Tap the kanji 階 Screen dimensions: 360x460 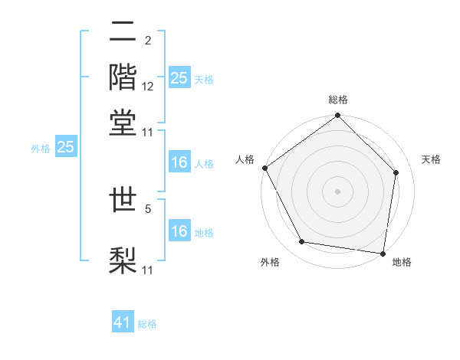123,76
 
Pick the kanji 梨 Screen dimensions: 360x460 123,258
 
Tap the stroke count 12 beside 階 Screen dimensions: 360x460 149,87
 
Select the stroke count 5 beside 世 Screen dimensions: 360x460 148,206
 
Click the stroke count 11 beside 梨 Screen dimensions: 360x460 149,270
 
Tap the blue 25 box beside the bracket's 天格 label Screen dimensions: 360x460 179,78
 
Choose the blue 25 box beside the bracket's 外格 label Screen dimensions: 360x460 66,147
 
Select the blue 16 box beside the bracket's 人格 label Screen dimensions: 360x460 179,162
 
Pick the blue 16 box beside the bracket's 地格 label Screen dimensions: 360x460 179,231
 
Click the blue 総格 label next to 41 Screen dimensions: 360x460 148,324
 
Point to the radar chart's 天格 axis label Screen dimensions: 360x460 432,159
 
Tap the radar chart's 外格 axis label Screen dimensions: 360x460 270,263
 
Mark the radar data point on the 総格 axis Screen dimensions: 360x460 338,116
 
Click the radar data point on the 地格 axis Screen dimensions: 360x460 383,253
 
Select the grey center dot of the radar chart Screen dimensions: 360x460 338,191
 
